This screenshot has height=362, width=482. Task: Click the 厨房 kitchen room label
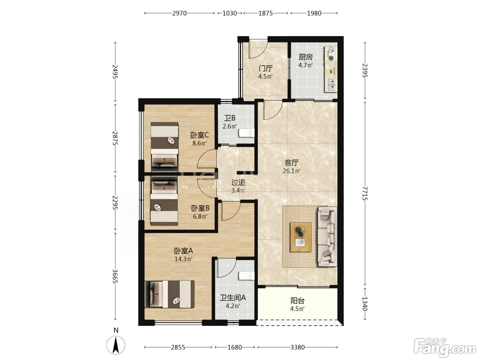[x=305, y=57]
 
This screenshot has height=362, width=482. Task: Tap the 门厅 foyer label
[x=266, y=69]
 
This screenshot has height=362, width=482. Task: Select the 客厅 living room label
[x=291, y=163]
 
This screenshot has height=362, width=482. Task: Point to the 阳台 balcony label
[x=297, y=300]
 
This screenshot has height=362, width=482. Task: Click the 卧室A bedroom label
[x=184, y=251]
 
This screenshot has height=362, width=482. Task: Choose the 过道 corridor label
[x=239, y=182]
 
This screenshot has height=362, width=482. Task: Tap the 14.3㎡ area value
[x=184, y=259]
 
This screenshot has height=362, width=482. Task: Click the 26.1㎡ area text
[x=291, y=171]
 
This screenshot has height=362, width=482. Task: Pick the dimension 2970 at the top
[x=179, y=13]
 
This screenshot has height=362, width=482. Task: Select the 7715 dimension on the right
[x=365, y=193]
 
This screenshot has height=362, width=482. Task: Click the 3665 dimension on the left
[x=115, y=276]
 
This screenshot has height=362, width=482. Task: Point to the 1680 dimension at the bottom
[x=235, y=347]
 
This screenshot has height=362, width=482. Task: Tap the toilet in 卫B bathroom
[x=247, y=133]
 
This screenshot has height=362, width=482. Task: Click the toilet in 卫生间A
[x=247, y=275]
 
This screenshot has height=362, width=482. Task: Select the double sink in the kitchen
[x=331, y=84]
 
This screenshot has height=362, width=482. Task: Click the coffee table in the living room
[x=301, y=237]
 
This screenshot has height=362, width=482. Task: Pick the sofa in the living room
[x=327, y=237]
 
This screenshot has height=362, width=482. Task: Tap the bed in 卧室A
[x=170, y=294]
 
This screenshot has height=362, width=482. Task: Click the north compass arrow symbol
[x=116, y=345]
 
